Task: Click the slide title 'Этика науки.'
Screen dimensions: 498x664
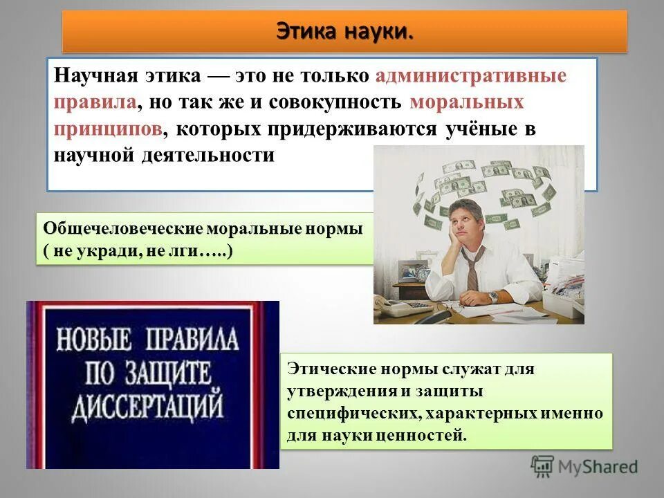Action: click(x=344, y=31)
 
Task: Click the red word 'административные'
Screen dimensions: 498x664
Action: click(x=471, y=75)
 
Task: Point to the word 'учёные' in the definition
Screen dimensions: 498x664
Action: click(x=476, y=129)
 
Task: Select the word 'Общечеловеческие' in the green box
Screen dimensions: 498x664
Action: click(x=122, y=229)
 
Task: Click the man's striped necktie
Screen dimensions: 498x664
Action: click(x=472, y=267)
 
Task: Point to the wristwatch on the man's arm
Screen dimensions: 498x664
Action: click(x=493, y=297)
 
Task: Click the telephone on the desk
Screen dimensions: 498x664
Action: click(x=401, y=306)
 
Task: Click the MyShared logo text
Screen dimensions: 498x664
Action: click(x=598, y=468)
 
